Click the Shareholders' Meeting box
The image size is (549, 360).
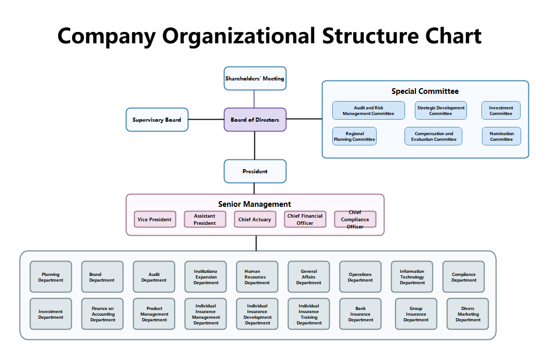click(255, 78)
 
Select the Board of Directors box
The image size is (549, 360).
click(255, 120)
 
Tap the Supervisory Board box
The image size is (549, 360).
click(157, 120)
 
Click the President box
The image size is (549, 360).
click(255, 171)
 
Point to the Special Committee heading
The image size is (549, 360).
click(425, 91)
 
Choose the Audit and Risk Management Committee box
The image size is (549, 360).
click(368, 110)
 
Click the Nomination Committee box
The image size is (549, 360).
click(502, 136)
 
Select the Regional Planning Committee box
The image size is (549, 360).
click(354, 136)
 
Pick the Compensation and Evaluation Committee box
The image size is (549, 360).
click(433, 136)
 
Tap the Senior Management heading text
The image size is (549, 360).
click(254, 204)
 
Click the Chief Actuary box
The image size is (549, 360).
click(254, 219)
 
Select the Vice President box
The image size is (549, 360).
click(155, 219)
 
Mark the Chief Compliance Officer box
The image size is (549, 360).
click(355, 219)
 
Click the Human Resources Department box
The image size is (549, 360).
click(257, 277)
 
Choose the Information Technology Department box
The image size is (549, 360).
click(412, 277)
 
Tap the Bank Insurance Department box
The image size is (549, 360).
click(360, 314)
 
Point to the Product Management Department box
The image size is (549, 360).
click(154, 314)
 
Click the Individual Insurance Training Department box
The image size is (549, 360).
click(309, 314)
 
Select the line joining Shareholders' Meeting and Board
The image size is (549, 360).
click(254, 99)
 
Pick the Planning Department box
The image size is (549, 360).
click(51, 277)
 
